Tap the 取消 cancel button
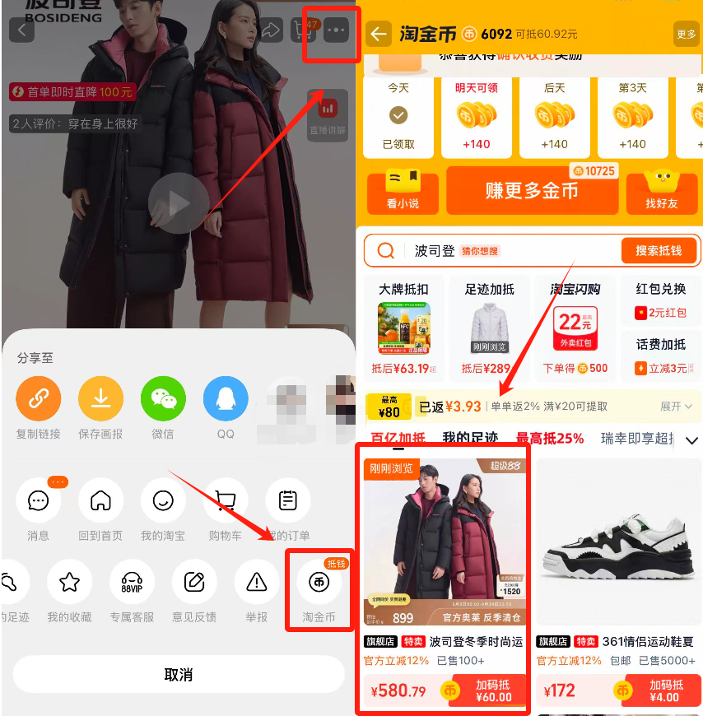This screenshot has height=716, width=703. (178, 675)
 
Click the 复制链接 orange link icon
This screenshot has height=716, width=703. (38, 399)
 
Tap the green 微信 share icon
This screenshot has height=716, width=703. (163, 399)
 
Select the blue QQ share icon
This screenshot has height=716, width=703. (226, 399)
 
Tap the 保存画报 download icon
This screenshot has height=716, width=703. (100, 399)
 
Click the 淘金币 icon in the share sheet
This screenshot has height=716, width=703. (319, 583)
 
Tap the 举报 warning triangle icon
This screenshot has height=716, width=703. (257, 583)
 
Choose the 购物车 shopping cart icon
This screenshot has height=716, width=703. (226, 500)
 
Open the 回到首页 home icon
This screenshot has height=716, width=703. (100, 500)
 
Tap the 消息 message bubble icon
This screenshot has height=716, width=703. (38, 500)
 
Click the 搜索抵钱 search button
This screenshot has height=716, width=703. (659, 250)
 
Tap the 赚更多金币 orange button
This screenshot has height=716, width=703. (532, 191)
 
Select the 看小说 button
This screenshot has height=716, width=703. (403, 191)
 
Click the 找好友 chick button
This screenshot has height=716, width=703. (662, 191)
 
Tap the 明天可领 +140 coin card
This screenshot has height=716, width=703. (477, 117)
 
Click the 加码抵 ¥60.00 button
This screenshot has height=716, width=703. (492, 690)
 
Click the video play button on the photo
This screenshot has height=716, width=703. (179, 202)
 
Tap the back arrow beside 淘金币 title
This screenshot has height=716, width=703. (379, 34)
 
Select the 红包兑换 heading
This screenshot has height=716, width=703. (661, 289)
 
